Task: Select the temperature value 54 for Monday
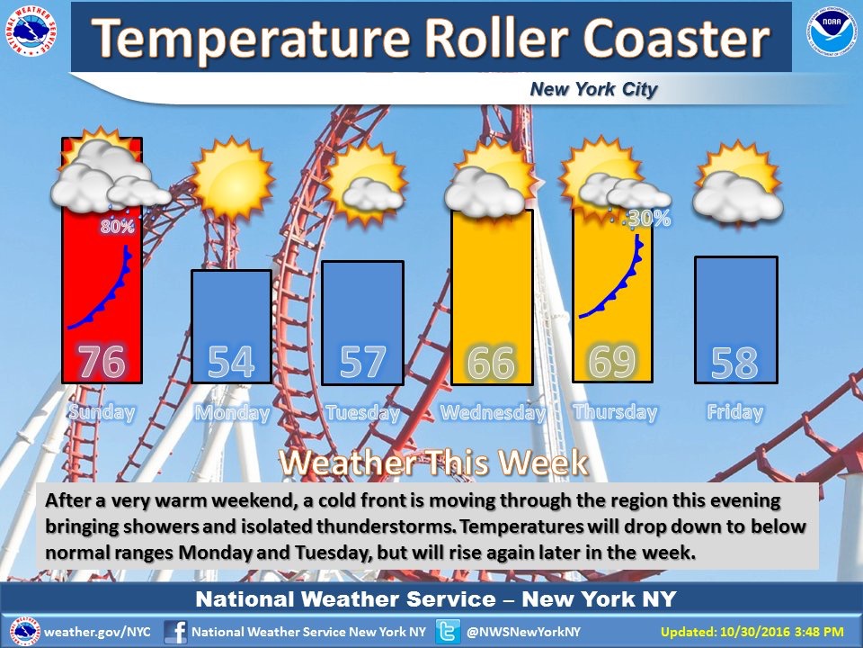pos(231,362)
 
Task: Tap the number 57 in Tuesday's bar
pos(362,362)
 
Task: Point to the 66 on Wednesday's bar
pos(492,362)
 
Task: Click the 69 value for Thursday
pos(612,361)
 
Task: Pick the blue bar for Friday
pos(736,319)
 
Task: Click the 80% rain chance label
pos(117,226)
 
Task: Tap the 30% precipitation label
pos(649,219)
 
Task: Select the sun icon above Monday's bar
pos(232,178)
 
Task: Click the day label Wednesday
pos(494,413)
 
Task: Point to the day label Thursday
pos(615,413)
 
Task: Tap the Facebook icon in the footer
pos(175,632)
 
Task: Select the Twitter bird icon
pos(448,632)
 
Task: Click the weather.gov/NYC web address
pos(97,632)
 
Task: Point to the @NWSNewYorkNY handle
pos(523,632)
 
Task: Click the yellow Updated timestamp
pos(752,632)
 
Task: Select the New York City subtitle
pos(593,89)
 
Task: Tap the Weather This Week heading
pos(433,463)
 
